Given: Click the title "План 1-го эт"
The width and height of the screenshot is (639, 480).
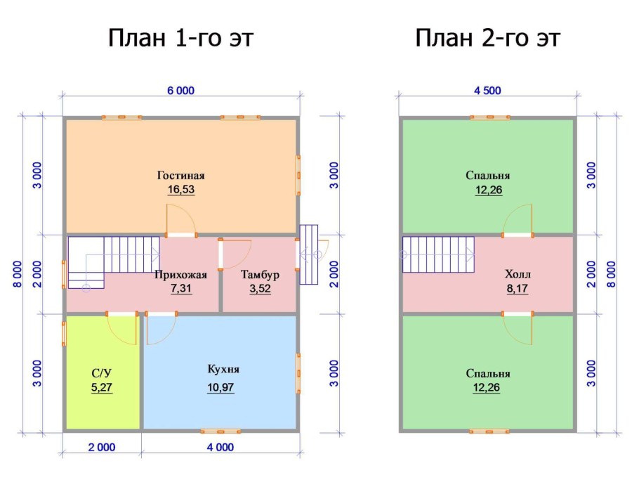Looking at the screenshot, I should (180, 38).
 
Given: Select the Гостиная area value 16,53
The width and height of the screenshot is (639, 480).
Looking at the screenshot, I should (180, 190).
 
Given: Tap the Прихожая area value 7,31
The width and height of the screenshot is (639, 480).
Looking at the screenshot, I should (180, 288).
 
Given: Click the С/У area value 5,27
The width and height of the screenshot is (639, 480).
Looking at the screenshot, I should (102, 387).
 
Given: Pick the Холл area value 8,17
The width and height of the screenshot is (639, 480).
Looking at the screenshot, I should (518, 288).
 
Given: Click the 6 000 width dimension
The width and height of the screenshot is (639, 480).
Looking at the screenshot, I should (180, 90).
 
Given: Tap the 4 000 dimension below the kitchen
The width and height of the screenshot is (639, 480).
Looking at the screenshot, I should (220, 447).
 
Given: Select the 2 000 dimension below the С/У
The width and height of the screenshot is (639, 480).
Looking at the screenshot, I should (102, 447).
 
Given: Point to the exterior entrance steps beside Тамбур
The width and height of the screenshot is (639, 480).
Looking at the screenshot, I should (308, 254).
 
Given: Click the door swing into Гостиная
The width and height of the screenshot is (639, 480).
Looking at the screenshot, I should (180, 219).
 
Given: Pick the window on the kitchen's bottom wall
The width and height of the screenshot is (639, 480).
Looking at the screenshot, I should (220, 431).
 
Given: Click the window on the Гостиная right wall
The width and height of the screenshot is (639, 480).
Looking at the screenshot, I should (298, 175).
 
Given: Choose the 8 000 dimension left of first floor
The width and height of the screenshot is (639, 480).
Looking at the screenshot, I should (17, 274).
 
